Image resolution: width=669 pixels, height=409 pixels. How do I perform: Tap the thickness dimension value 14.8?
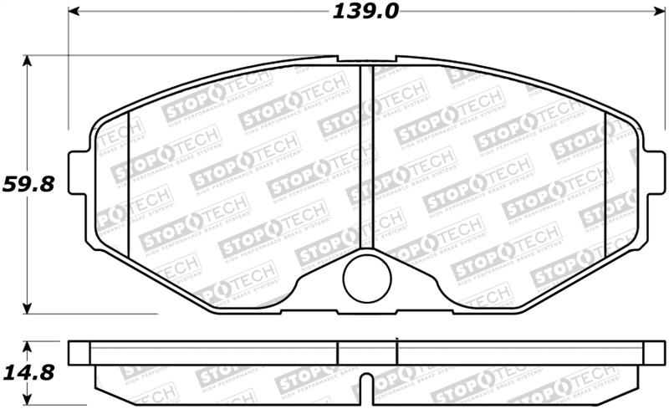point(28,369)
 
